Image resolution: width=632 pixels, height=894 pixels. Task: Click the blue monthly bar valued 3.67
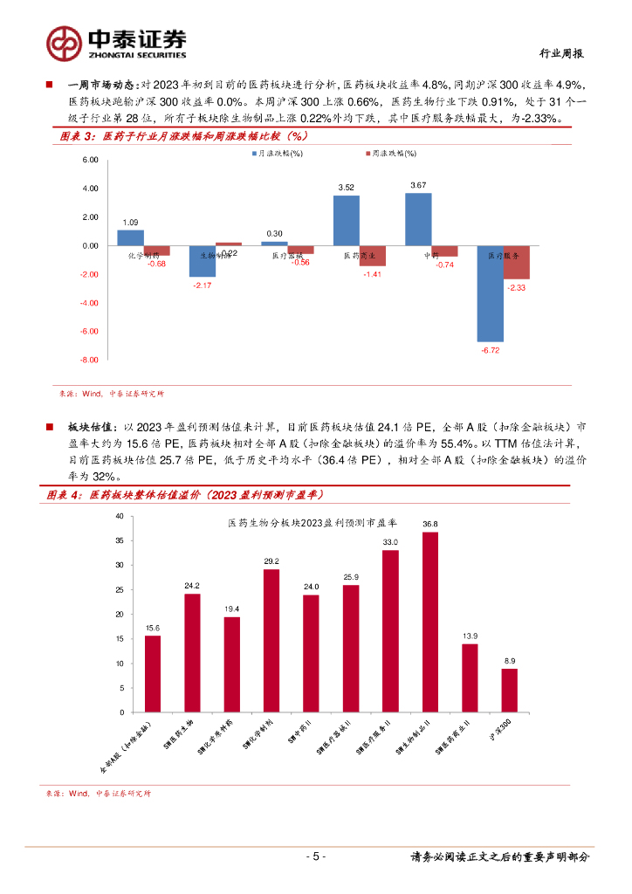click(x=418, y=219)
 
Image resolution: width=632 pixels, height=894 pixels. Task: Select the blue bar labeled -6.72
click(x=490, y=293)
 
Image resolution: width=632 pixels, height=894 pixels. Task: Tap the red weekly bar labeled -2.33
click(x=516, y=262)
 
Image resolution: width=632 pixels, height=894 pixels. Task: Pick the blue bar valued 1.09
click(x=130, y=237)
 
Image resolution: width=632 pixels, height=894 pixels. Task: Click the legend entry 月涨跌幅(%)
click(x=277, y=153)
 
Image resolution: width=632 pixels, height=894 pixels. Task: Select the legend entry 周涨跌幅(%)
click(x=389, y=153)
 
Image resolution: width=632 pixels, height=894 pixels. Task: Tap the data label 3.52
click(x=346, y=187)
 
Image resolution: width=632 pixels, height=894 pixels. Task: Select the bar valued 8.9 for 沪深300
click(x=509, y=690)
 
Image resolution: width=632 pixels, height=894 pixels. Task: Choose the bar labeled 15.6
click(x=153, y=673)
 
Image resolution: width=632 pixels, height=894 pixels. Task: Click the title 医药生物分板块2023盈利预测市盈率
click(x=313, y=523)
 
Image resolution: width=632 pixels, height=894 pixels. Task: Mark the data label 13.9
click(x=470, y=636)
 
